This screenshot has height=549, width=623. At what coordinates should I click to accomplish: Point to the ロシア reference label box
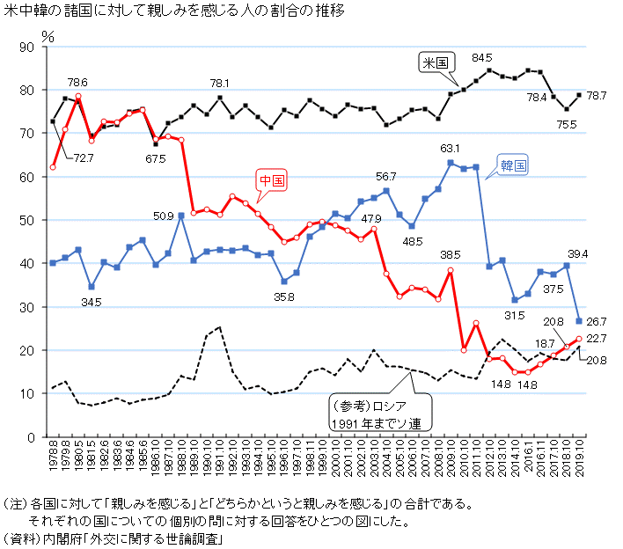click(378, 413)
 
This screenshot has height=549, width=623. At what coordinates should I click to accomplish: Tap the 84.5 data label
click(481, 58)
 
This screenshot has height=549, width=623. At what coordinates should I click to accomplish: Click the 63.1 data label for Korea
click(451, 148)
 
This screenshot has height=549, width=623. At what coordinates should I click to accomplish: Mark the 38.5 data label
click(451, 256)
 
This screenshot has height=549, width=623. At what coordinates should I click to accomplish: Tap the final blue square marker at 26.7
click(578, 321)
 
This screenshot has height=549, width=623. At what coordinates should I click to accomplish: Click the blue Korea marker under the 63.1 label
click(451, 163)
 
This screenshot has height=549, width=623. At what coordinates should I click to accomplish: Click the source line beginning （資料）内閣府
click(112, 538)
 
